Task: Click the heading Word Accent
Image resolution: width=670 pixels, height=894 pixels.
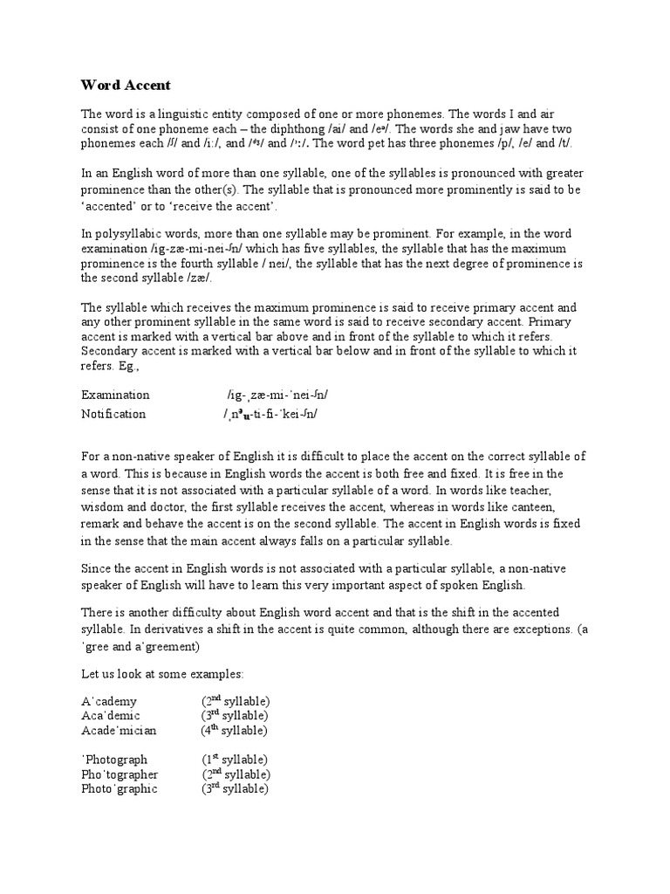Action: point(126,85)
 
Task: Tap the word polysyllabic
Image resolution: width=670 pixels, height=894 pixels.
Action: point(130,234)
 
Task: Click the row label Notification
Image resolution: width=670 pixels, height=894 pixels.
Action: point(113,414)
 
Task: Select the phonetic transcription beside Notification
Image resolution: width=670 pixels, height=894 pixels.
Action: point(270,414)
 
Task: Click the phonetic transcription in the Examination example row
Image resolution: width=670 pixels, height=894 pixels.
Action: point(277,395)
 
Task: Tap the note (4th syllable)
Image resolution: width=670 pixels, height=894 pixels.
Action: point(234,730)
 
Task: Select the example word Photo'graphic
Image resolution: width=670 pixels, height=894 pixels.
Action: point(120,788)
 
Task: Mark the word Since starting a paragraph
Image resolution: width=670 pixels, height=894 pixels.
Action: point(98,569)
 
